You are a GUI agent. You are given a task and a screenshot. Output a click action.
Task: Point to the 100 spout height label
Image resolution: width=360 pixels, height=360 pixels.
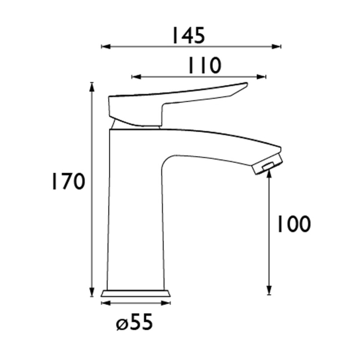click(x=293, y=224)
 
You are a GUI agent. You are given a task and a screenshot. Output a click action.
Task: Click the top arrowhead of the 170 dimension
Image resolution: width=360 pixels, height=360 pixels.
click(x=92, y=86)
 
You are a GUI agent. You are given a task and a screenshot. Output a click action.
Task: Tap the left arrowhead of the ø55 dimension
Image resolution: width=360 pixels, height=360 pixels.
click(x=105, y=303)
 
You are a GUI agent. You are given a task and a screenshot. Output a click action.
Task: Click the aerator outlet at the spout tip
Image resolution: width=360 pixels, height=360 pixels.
click(x=266, y=166)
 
